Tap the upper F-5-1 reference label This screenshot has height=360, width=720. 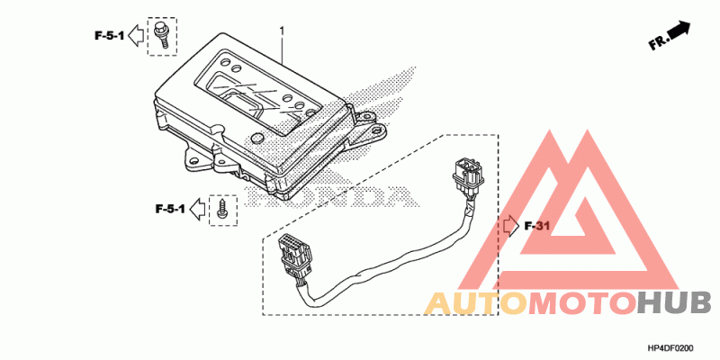(108, 36)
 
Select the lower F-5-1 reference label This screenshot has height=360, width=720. (169, 209)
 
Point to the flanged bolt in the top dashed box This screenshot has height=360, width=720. (164, 33)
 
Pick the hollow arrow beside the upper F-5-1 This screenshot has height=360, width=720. (135, 36)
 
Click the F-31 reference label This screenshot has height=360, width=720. (535, 225)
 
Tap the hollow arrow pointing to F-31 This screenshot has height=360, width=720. (509, 225)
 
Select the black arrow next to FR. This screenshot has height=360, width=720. (680, 31)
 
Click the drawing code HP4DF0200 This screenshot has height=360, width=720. (670, 347)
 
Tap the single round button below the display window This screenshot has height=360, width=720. (256, 138)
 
